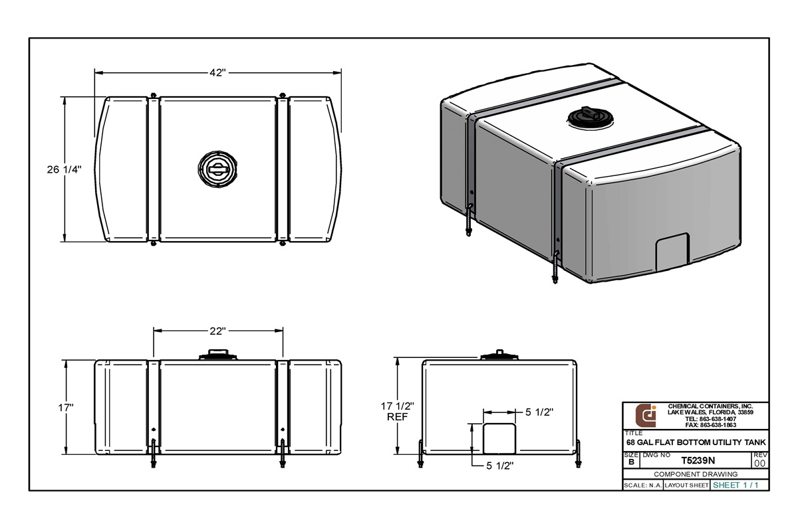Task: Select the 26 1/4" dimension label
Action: pyautogui.click(x=64, y=169)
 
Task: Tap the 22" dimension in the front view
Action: pyautogui.click(x=219, y=331)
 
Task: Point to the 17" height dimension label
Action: pyautogui.click(x=65, y=407)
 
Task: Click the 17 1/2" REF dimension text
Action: pyautogui.click(x=397, y=411)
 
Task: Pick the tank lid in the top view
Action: pyautogui.click(x=217, y=169)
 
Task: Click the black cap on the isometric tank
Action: pyautogui.click(x=588, y=117)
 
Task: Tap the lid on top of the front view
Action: pyautogui.click(x=217, y=355)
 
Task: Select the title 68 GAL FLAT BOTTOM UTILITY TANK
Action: pyautogui.click(x=696, y=442)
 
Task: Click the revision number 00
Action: pyautogui.click(x=759, y=463)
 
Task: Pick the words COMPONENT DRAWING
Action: pyautogui.click(x=696, y=474)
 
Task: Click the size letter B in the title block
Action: pyautogui.click(x=631, y=461)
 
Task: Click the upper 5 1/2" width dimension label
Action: pyautogui.click(x=539, y=412)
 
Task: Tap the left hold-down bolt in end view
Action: pyautogui.click(x=420, y=455)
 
